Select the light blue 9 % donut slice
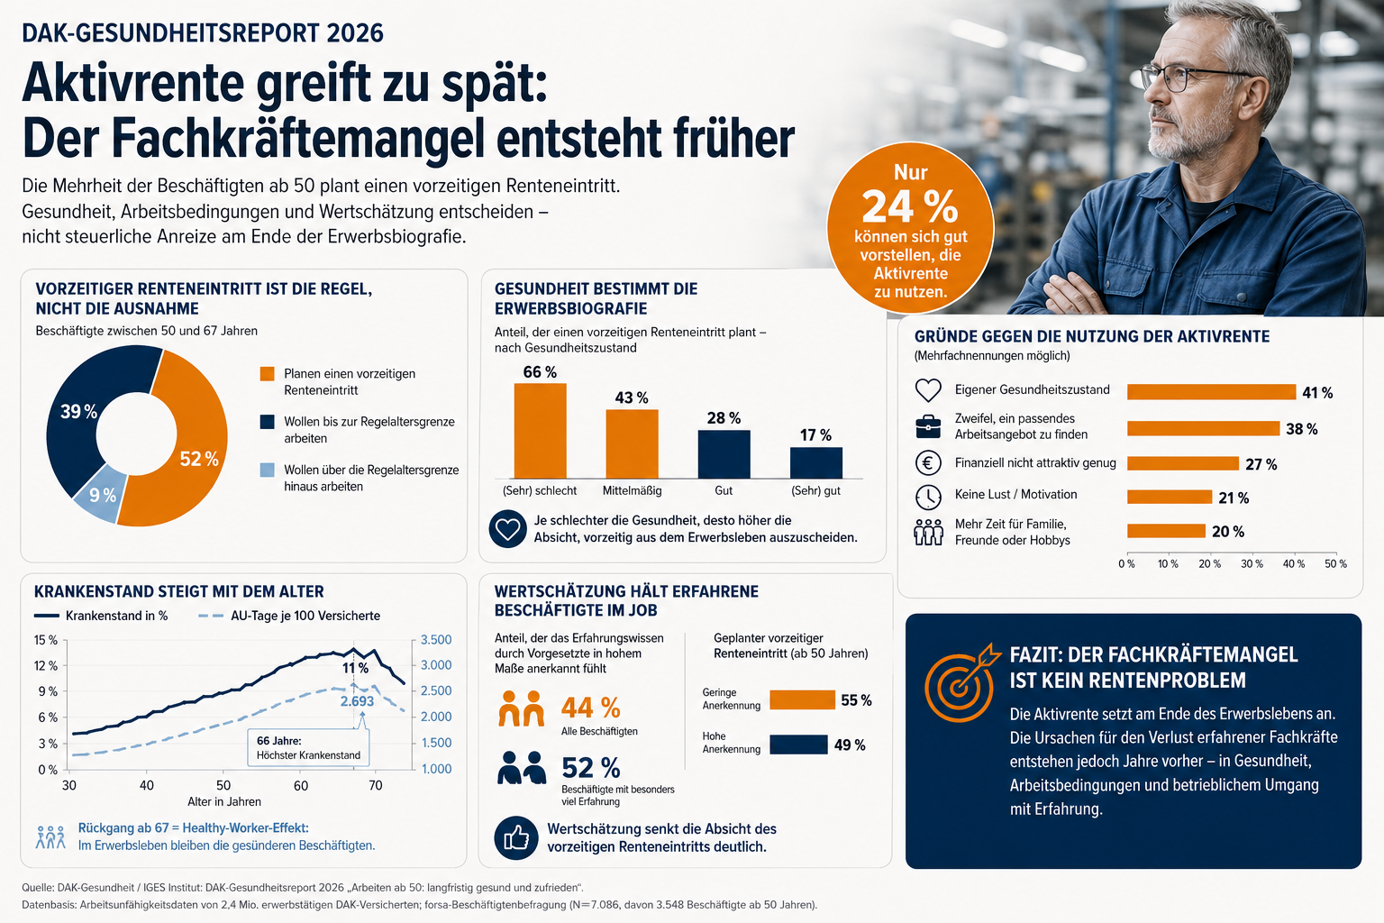(100, 495)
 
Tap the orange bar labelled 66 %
(540, 431)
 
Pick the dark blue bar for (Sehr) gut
(815, 462)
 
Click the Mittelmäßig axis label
(632, 491)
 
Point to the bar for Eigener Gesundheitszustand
(1211, 392)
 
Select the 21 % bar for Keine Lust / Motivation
(1169, 497)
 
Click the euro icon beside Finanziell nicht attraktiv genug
(928, 463)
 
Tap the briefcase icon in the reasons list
(928, 426)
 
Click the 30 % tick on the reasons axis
(1252, 564)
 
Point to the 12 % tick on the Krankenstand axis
(45, 666)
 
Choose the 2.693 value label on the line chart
(357, 701)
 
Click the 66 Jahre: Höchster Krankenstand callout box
(308, 748)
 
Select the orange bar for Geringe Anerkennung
(802, 699)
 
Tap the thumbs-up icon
(516, 838)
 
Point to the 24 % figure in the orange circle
(909, 206)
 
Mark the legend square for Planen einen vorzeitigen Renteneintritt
(267, 374)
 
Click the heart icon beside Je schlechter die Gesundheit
(508, 528)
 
